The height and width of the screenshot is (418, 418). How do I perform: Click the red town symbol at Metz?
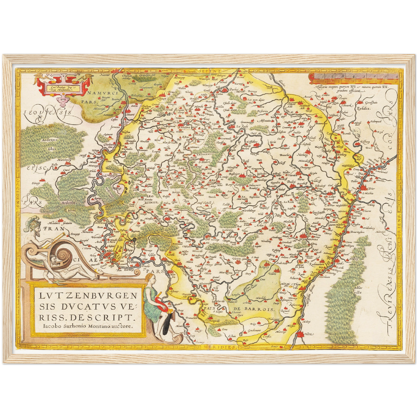click(301, 335)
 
